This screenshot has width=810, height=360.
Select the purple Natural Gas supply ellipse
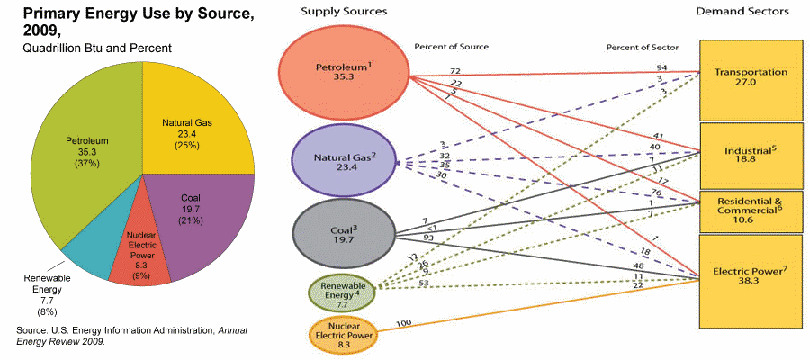[345, 160]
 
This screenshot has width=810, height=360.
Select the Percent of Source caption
[451, 46]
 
